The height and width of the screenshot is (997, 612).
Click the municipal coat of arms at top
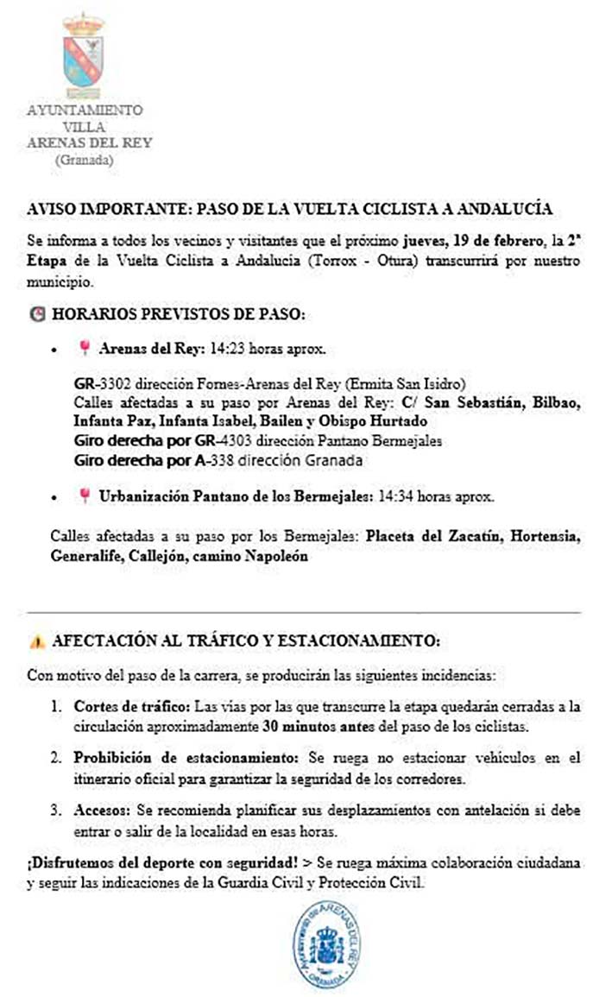click(x=84, y=54)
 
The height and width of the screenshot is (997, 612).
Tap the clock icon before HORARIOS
click(x=35, y=316)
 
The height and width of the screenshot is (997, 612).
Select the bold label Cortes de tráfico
click(x=129, y=706)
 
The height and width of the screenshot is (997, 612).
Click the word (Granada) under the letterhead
click(x=84, y=159)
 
